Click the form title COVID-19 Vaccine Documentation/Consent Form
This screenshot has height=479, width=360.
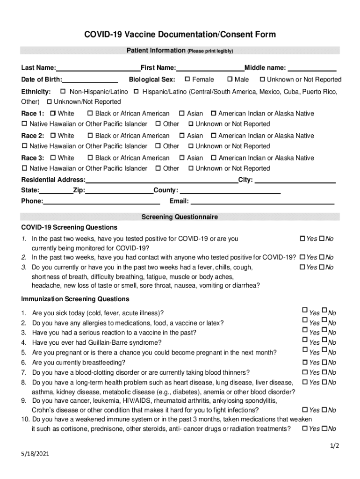coord(180,35)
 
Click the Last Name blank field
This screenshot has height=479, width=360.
coord(98,68)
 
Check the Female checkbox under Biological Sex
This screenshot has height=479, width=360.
coord(187,79)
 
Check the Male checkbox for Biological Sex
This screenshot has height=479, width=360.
coord(230,79)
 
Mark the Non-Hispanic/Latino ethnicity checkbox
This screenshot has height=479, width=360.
coord(65,91)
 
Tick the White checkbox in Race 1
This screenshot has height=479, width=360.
coord(53,113)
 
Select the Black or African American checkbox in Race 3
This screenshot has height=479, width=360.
coord(90,158)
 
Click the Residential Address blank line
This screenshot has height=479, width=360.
coord(162,181)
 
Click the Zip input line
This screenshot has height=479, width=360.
coord(119,191)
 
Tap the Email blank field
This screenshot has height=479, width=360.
coord(262,202)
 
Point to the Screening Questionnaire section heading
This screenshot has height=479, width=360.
coord(180,217)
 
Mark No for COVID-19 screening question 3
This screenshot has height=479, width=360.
coord(322,267)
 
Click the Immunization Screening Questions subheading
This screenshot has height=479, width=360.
coord(75,299)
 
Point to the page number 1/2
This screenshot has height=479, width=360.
coord(334,446)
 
